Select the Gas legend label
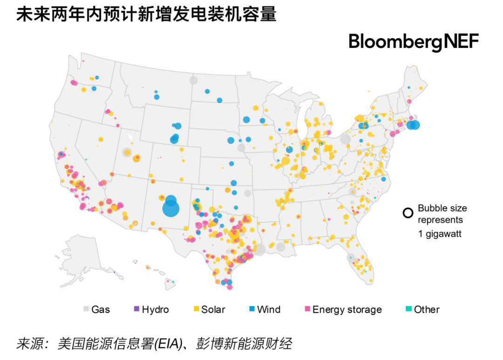click(x=101, y=309)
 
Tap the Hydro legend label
click(x=155, y=309)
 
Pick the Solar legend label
click(x=213, y=309)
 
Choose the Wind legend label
click(x=269, y=309)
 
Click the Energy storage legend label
click(x=347, y=309)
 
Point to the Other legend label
click(x=427, y=309)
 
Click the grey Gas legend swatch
click(x=86, y=309)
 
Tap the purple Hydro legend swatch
click(x=136, y=309)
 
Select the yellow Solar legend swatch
click(x=197, y=309)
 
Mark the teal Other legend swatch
click(x=408, y=309)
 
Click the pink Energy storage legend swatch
click(x=307, y=309)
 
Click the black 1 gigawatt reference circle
click(x=408, y=213)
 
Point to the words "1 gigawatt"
click(x=439, y=234)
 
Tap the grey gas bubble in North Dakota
click(x=193, y=80)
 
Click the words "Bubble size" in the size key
click(x=442, y=208)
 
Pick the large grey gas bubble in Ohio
click(x=345, y=139)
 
